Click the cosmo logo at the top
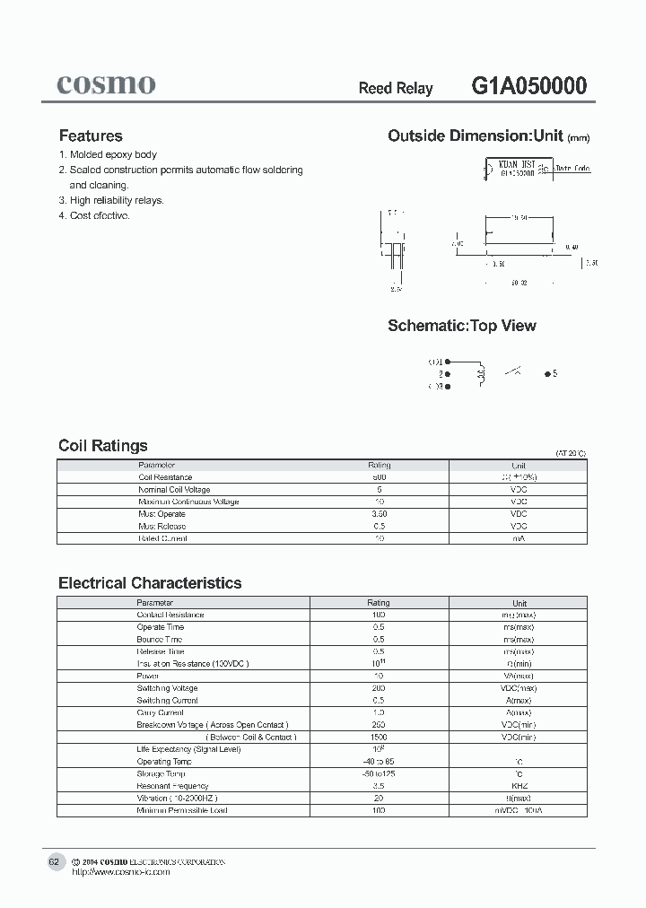(106, 85)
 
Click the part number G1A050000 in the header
(529, 86)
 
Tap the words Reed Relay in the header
(396, 88)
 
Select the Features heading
(91, 136)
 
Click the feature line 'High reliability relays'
(117, 201)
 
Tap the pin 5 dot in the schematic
(546, 373)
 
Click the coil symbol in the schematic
(480, 373)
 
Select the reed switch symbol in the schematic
(513, 371)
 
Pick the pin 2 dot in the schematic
(449, 374)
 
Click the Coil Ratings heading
(103, 446)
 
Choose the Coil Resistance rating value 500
(380, 477)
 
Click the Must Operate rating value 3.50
(380, 514)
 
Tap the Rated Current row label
(163, 538)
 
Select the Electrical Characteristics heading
(150, 583)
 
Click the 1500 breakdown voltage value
(380, 737)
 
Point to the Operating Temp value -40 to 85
(380, 762)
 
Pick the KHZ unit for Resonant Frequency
(519, 786)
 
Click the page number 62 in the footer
(54, 862)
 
